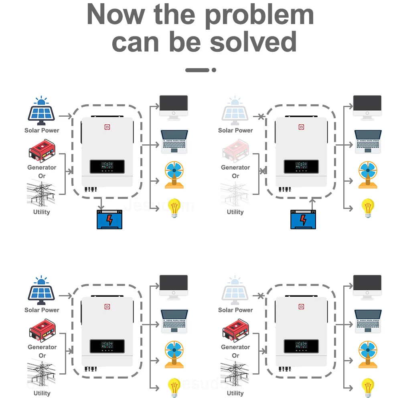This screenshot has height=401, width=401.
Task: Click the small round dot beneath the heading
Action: tap(214, 70)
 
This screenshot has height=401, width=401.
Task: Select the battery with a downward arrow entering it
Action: tap(109, 219)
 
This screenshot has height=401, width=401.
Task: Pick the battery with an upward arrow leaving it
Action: tap(303, 219)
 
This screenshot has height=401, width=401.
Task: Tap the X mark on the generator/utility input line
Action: tap(263, 171)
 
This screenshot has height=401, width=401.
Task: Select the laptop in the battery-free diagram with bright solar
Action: tap(174, 321)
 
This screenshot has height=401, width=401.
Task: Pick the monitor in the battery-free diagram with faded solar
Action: tap(367, 286)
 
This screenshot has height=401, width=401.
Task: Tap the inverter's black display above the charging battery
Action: tap(107, 166)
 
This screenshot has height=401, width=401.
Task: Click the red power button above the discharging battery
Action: tap(301, 127)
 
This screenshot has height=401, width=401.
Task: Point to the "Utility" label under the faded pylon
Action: tap(235, 212)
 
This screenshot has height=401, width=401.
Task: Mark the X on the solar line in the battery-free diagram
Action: tap(261, 296)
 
